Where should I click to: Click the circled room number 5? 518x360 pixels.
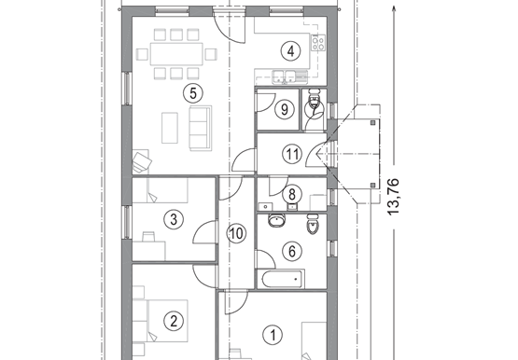[x=193, y=93]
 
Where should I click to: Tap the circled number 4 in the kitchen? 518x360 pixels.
[x=290, y=51]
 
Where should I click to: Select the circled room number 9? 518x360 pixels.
[x=285, y=109]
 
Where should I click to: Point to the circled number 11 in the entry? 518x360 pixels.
[x=292, y=154]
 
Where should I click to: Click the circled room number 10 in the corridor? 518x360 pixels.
[x=236, y=233]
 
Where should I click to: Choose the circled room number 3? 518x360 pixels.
[x=174, y=219]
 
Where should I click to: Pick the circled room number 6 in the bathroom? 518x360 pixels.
[x=292, y=251]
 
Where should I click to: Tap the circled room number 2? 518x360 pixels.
[x=174, y=321]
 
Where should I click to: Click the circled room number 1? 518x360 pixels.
[x=273, y=335]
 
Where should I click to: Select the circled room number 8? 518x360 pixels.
[x=292, y=194]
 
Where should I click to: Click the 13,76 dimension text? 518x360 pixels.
[x=393, y=197]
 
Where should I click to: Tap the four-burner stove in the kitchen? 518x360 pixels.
[x=318, y=43]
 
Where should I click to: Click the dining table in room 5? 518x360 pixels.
[x=176, y=54]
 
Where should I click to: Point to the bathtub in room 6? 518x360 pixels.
[x=283, y=279]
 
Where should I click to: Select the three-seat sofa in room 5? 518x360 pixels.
[x=201, y=128]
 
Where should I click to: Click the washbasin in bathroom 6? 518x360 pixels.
[x=277, y=221]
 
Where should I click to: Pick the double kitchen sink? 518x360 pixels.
[x=284, y=76]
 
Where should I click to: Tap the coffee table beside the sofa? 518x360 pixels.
[x=170, y=128]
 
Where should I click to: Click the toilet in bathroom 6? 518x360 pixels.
[x=313, y=224]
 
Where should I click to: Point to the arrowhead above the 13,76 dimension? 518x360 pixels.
[x=393, y=9]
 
